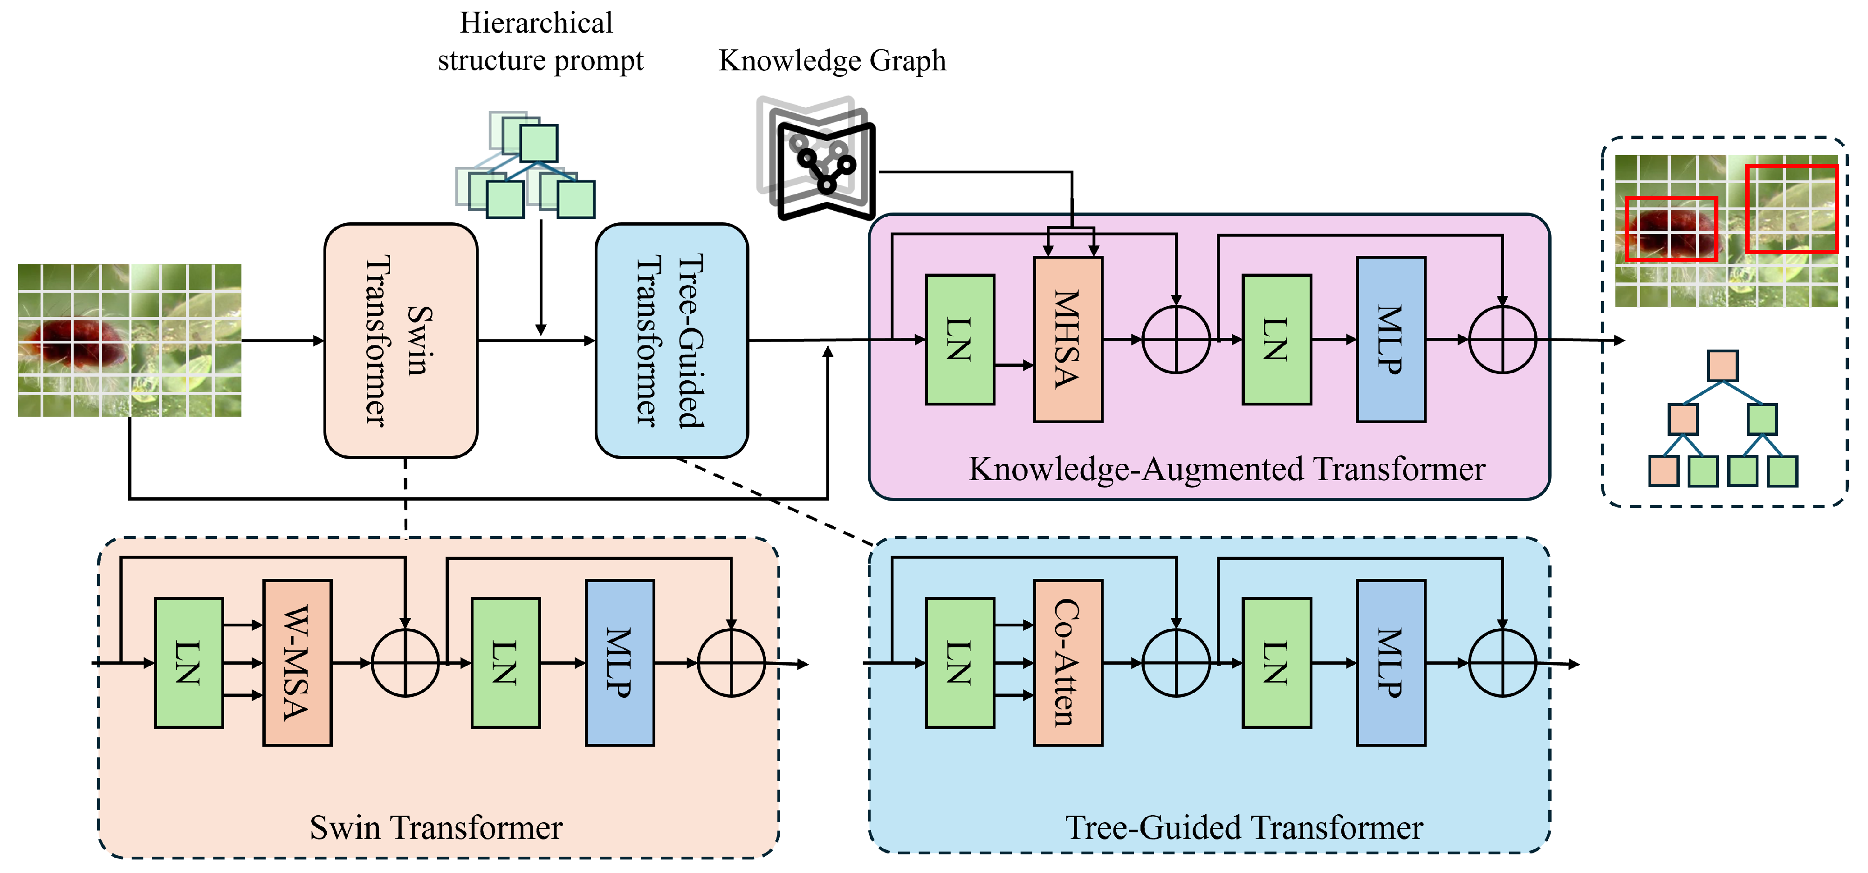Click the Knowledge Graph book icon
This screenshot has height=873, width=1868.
pyautogui.click(x=816, y=158)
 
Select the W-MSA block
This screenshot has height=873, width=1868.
pyautogui.click(x=297, y=663)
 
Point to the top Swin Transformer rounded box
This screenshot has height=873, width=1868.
pyautogui.click(x=401, y=341)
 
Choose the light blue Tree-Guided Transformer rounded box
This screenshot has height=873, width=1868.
pyautogui.click(x=672, y=341)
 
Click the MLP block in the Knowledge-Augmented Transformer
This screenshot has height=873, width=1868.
pyautogui.click(x=1391, y=339)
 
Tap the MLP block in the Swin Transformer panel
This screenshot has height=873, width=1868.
pyautogui.click(x=620, y=663)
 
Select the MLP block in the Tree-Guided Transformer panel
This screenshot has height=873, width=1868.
pyautogui.click(x=1391, y=663)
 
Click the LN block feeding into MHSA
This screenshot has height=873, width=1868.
pyautogui.click(x=960, y=339)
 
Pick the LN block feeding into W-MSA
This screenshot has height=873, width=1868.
pyautogui.click(x=189, y=663)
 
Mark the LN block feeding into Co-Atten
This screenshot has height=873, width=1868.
pyautogui.click(x=960, y=663)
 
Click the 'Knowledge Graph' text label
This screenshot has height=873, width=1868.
pyautogui.click(x=832, y=61)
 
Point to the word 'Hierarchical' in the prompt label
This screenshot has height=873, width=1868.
pyautogui.click(x=536, y=23)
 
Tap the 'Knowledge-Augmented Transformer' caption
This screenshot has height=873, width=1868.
pyautogui.click(x=1227, y=469)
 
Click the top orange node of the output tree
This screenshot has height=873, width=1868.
pyautogui.click(x=1723, y=365)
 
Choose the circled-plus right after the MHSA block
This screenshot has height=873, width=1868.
pyautogui.click(x=1176, y=339)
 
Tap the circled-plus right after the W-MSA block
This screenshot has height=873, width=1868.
pyautogui.click(x=405, y=663)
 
